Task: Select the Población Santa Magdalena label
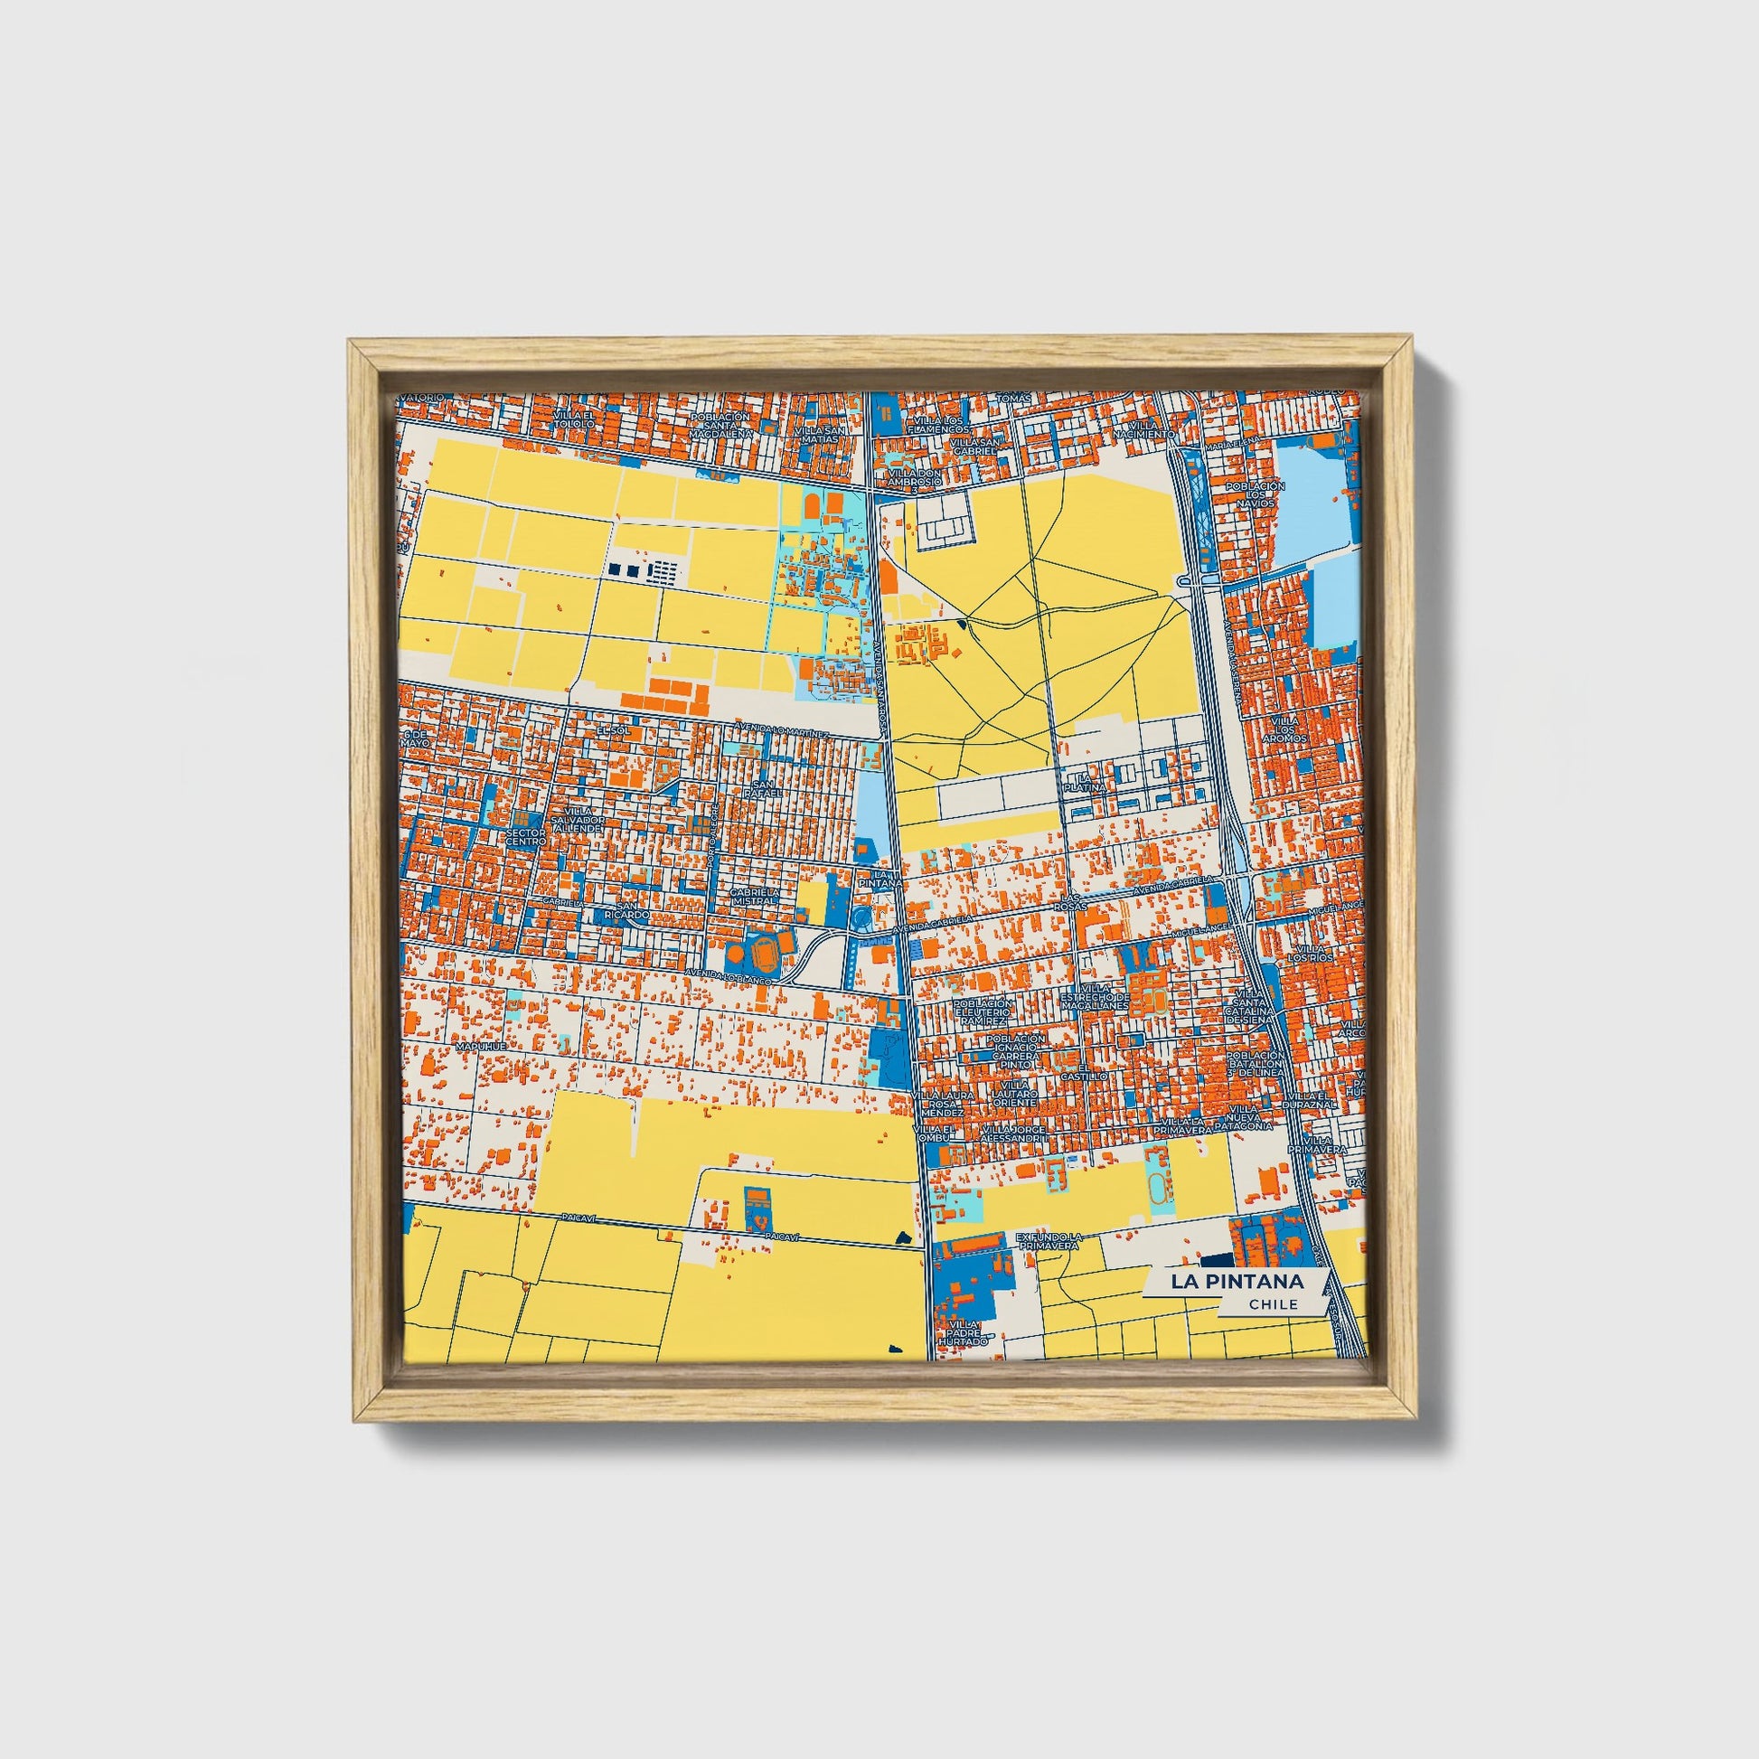point(720,425)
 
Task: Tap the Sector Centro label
point(526,837)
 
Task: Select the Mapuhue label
point(480,1049)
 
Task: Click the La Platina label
point(1086,781)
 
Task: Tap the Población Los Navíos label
point(1256,497)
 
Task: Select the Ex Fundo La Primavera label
point(1048,1240)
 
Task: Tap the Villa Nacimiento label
point(1151,428)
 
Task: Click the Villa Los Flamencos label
point(938,425)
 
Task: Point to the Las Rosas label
point(1067,902)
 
